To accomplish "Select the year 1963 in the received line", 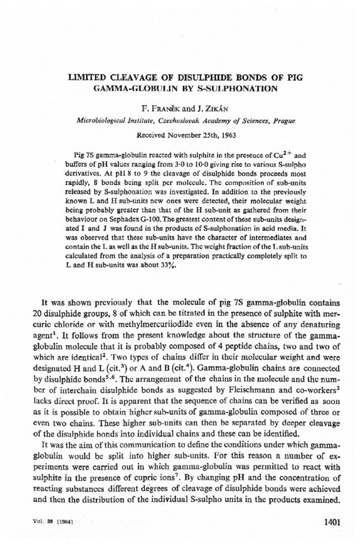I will point(224,134).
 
